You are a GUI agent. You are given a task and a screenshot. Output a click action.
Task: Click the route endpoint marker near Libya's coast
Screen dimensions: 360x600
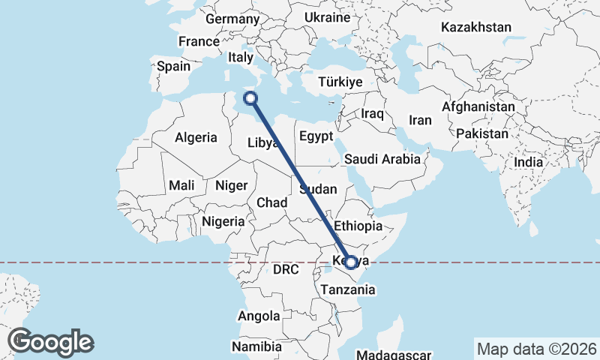point(250,97)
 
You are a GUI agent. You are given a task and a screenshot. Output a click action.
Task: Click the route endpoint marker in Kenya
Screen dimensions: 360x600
point(350,262)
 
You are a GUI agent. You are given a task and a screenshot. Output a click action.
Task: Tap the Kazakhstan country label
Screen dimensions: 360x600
point(476,28)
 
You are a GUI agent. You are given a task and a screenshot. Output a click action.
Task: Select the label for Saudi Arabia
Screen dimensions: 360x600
point(382,159)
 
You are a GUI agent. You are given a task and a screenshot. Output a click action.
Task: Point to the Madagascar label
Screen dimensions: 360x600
point(394,355)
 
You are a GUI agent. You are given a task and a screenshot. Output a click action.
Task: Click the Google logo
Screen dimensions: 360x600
point(50,341)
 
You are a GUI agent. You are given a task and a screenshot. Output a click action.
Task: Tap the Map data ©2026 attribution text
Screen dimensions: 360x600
point(535,349)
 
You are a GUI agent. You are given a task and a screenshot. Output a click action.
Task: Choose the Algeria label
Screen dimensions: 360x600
point(196,137)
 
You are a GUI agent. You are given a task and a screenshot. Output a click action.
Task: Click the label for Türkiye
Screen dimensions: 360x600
point(340,82)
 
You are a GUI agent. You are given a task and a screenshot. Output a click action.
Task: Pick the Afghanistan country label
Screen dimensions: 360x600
point(478,107)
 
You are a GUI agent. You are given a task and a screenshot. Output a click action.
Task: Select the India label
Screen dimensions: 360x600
point(529,162)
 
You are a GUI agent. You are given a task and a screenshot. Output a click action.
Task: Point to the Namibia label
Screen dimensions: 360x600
point(256,346)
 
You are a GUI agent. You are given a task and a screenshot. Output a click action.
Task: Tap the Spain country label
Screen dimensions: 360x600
point(173,66)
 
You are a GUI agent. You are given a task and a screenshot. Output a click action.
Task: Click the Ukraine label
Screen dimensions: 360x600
point(328,17)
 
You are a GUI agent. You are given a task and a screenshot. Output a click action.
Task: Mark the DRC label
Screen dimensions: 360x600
point(286,269)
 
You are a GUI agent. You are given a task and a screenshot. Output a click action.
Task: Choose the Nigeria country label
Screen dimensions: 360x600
point(223,221)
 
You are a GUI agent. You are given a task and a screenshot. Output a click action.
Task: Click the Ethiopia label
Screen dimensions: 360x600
point(358,226)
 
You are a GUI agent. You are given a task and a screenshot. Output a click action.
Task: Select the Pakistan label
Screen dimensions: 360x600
point(481,134)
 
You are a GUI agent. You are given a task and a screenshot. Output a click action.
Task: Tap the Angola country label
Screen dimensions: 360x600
point(259,316)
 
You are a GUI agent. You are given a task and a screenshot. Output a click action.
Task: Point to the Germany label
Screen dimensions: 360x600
point(231,19)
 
